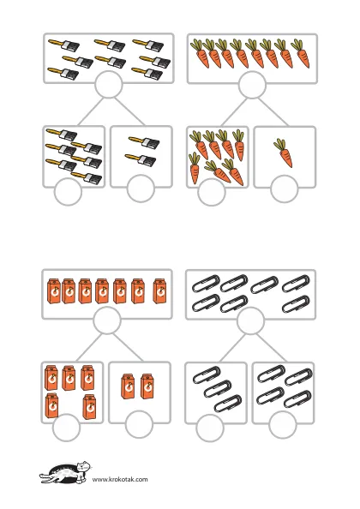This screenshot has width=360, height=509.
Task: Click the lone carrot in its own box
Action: [284, 153]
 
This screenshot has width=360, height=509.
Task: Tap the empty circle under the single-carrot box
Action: [284, 189]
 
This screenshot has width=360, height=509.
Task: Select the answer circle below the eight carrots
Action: [252, 85]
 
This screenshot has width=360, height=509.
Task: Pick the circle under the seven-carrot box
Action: [212, 192]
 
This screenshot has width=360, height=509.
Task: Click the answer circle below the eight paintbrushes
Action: [109, 84]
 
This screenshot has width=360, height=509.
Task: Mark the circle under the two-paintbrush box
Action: [141, 189]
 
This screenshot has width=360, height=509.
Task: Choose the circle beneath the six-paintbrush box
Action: [68, 192]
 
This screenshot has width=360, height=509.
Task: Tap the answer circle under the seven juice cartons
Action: [107, 320]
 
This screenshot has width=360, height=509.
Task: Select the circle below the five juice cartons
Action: [66, 428]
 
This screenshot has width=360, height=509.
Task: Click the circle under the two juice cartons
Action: [139, 424]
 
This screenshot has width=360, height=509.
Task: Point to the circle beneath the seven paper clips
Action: [250, 320]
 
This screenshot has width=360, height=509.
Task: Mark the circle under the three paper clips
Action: [210, 428]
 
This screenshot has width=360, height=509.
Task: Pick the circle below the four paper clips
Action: [282, 425]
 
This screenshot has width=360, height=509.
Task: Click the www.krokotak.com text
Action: [120, 479]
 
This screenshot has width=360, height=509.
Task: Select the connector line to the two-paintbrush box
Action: [129, 111]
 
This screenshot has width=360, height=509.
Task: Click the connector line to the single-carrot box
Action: [273, 111]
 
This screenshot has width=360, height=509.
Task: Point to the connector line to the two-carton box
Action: [128, 347]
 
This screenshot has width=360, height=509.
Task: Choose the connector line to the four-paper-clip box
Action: [271, 348]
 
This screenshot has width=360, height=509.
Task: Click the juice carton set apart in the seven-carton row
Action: [159, 291]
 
